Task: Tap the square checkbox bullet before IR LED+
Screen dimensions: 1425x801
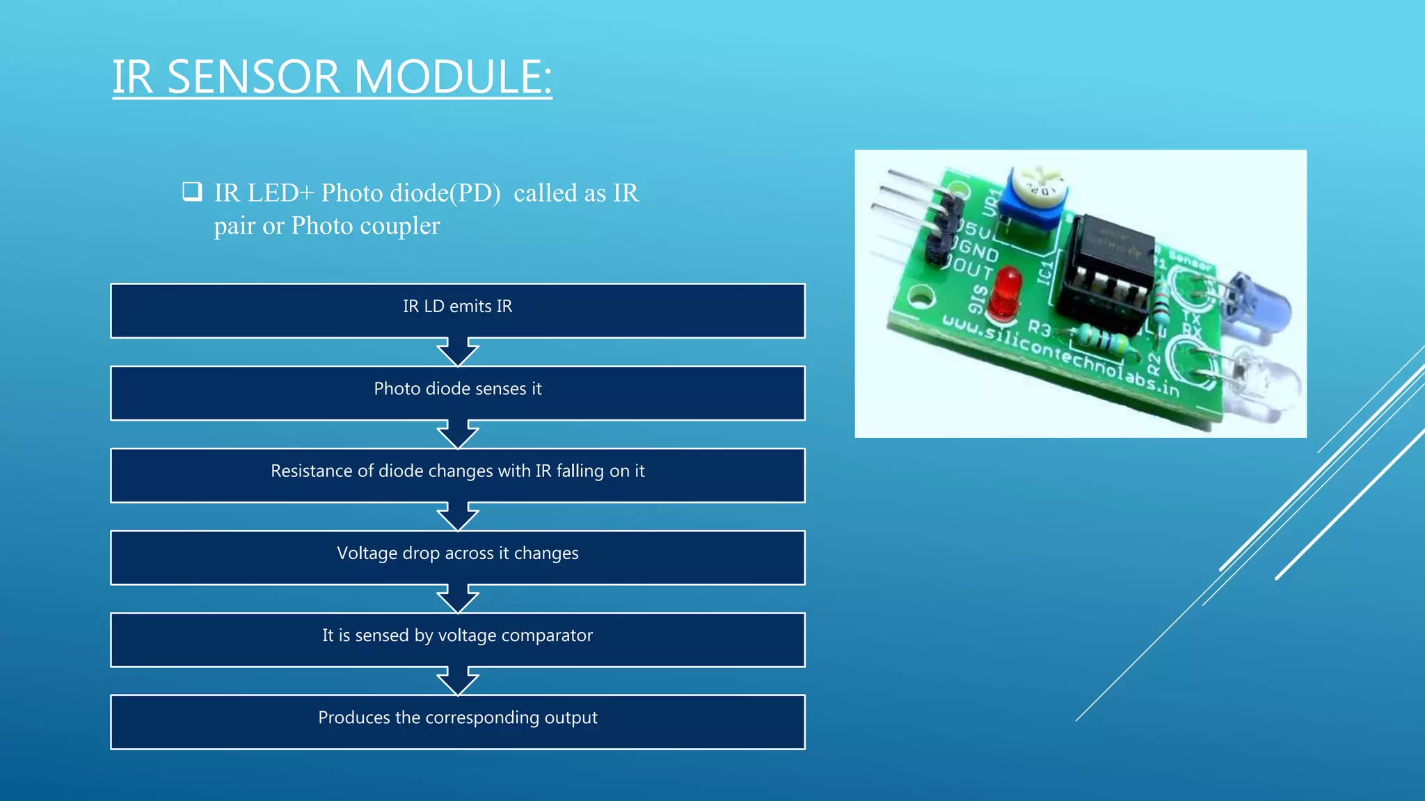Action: tap(192, 191)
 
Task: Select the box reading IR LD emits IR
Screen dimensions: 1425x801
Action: tap(458, 311)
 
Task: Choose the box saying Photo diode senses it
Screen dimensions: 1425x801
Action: tap(458, 393)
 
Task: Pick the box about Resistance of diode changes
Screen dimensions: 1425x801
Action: tap(458, 475)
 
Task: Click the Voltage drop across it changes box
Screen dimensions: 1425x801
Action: tap(458, 557)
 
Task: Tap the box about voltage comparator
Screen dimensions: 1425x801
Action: tap(458, 639)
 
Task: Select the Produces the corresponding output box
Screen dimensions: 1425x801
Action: tap(458, 721)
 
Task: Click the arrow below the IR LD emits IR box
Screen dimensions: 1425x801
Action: tap(458, 352)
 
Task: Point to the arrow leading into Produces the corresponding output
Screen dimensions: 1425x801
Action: tap(458, 681)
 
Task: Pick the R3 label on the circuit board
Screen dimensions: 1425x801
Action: tap(1040, 327)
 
